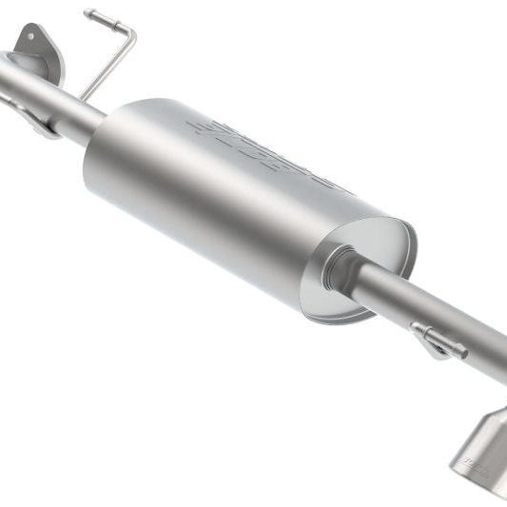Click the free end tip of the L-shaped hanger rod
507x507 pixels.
pos(88,14)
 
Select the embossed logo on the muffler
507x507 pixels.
pos(266,151)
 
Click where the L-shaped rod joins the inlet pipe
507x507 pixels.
pos(86,96)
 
